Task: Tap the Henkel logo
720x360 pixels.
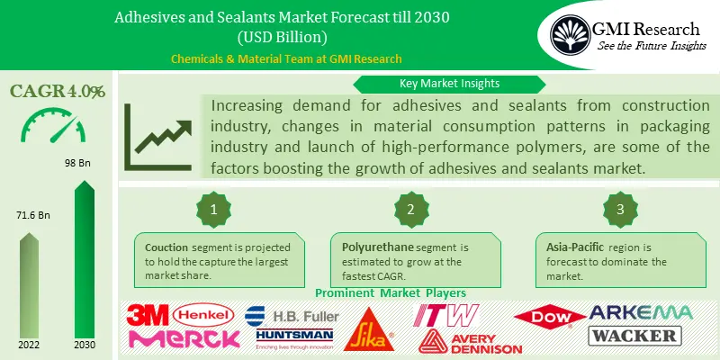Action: point(203,314)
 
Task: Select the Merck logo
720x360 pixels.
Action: point(184,338)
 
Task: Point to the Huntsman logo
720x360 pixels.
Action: point(289,337)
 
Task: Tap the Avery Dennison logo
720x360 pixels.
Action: point(471,340)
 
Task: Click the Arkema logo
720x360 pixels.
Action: point(640,312)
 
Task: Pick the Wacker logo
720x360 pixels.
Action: point(634,336)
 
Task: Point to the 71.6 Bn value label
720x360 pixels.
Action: point(33,217)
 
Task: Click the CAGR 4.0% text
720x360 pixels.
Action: point(58,91)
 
